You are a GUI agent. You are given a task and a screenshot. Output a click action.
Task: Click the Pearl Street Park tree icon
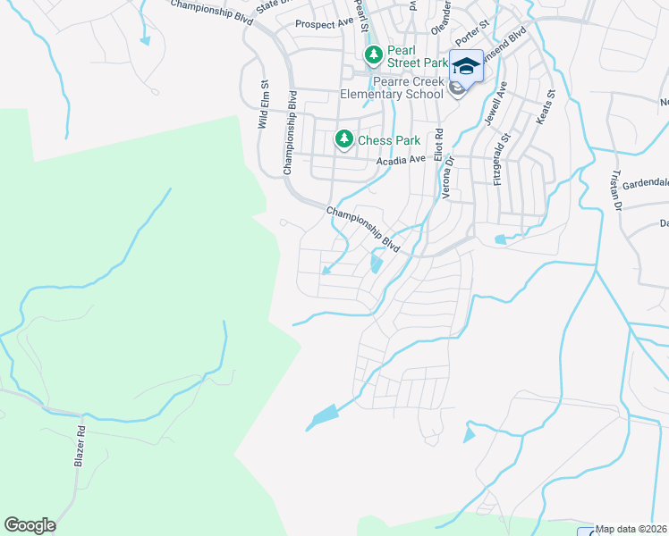coord(374,55)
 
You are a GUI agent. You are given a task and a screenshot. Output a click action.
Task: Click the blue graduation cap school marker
coord(466,66)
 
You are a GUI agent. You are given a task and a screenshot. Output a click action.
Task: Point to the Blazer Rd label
coord(80,445)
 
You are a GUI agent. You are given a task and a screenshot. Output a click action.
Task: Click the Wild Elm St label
coord(264,105)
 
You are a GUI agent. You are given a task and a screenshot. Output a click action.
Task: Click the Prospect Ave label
coord(324,23)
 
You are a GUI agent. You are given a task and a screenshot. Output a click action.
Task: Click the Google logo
coord(30,525)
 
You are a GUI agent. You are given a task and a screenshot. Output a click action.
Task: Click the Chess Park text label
coord(389,140)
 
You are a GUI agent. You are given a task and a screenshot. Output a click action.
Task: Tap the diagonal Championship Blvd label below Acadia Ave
coord(361,229)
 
